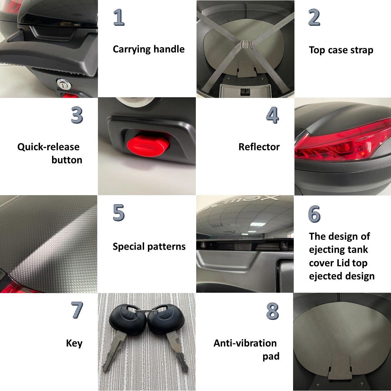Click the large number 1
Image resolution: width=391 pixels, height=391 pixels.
click(119, 17)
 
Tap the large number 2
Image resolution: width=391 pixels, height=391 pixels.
click(314, 17)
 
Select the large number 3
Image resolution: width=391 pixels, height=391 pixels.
click(77, 115)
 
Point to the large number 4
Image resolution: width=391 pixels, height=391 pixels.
click(272, 115)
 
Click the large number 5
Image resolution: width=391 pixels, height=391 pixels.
click(119, 212)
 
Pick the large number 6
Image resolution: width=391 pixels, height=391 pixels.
click(314, 214)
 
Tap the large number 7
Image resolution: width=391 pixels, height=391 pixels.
click(77, 310)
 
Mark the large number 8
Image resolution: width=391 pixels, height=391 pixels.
click(272, 311)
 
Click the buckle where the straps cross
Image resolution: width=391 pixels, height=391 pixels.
click(247, 44)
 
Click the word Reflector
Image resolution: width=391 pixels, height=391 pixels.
click(259, 147)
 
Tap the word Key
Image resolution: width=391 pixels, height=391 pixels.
click(74, 343)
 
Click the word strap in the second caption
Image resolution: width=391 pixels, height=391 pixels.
click(362, 50)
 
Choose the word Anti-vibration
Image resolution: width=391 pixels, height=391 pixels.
click(245, 343)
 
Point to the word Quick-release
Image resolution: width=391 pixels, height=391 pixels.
click(48, 147)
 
